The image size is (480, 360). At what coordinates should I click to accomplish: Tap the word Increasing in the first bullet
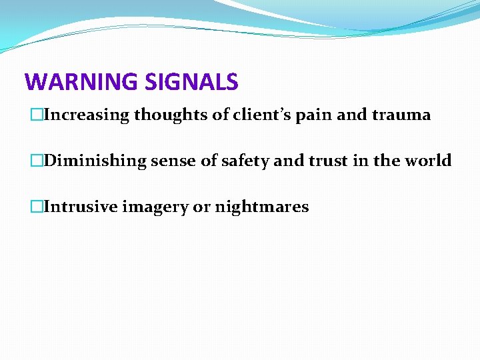point(87,115)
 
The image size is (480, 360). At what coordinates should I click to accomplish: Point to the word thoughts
point(171,115)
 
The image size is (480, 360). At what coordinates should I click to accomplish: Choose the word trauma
point(402,115)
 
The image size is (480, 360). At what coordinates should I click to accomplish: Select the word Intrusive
point(80,207)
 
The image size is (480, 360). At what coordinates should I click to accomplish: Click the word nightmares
point(263,207)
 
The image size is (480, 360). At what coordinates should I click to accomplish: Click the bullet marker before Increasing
point(38,115)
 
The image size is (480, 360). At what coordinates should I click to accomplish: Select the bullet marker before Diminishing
point(38,161)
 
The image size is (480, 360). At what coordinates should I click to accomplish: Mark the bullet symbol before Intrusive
point(38,207)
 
